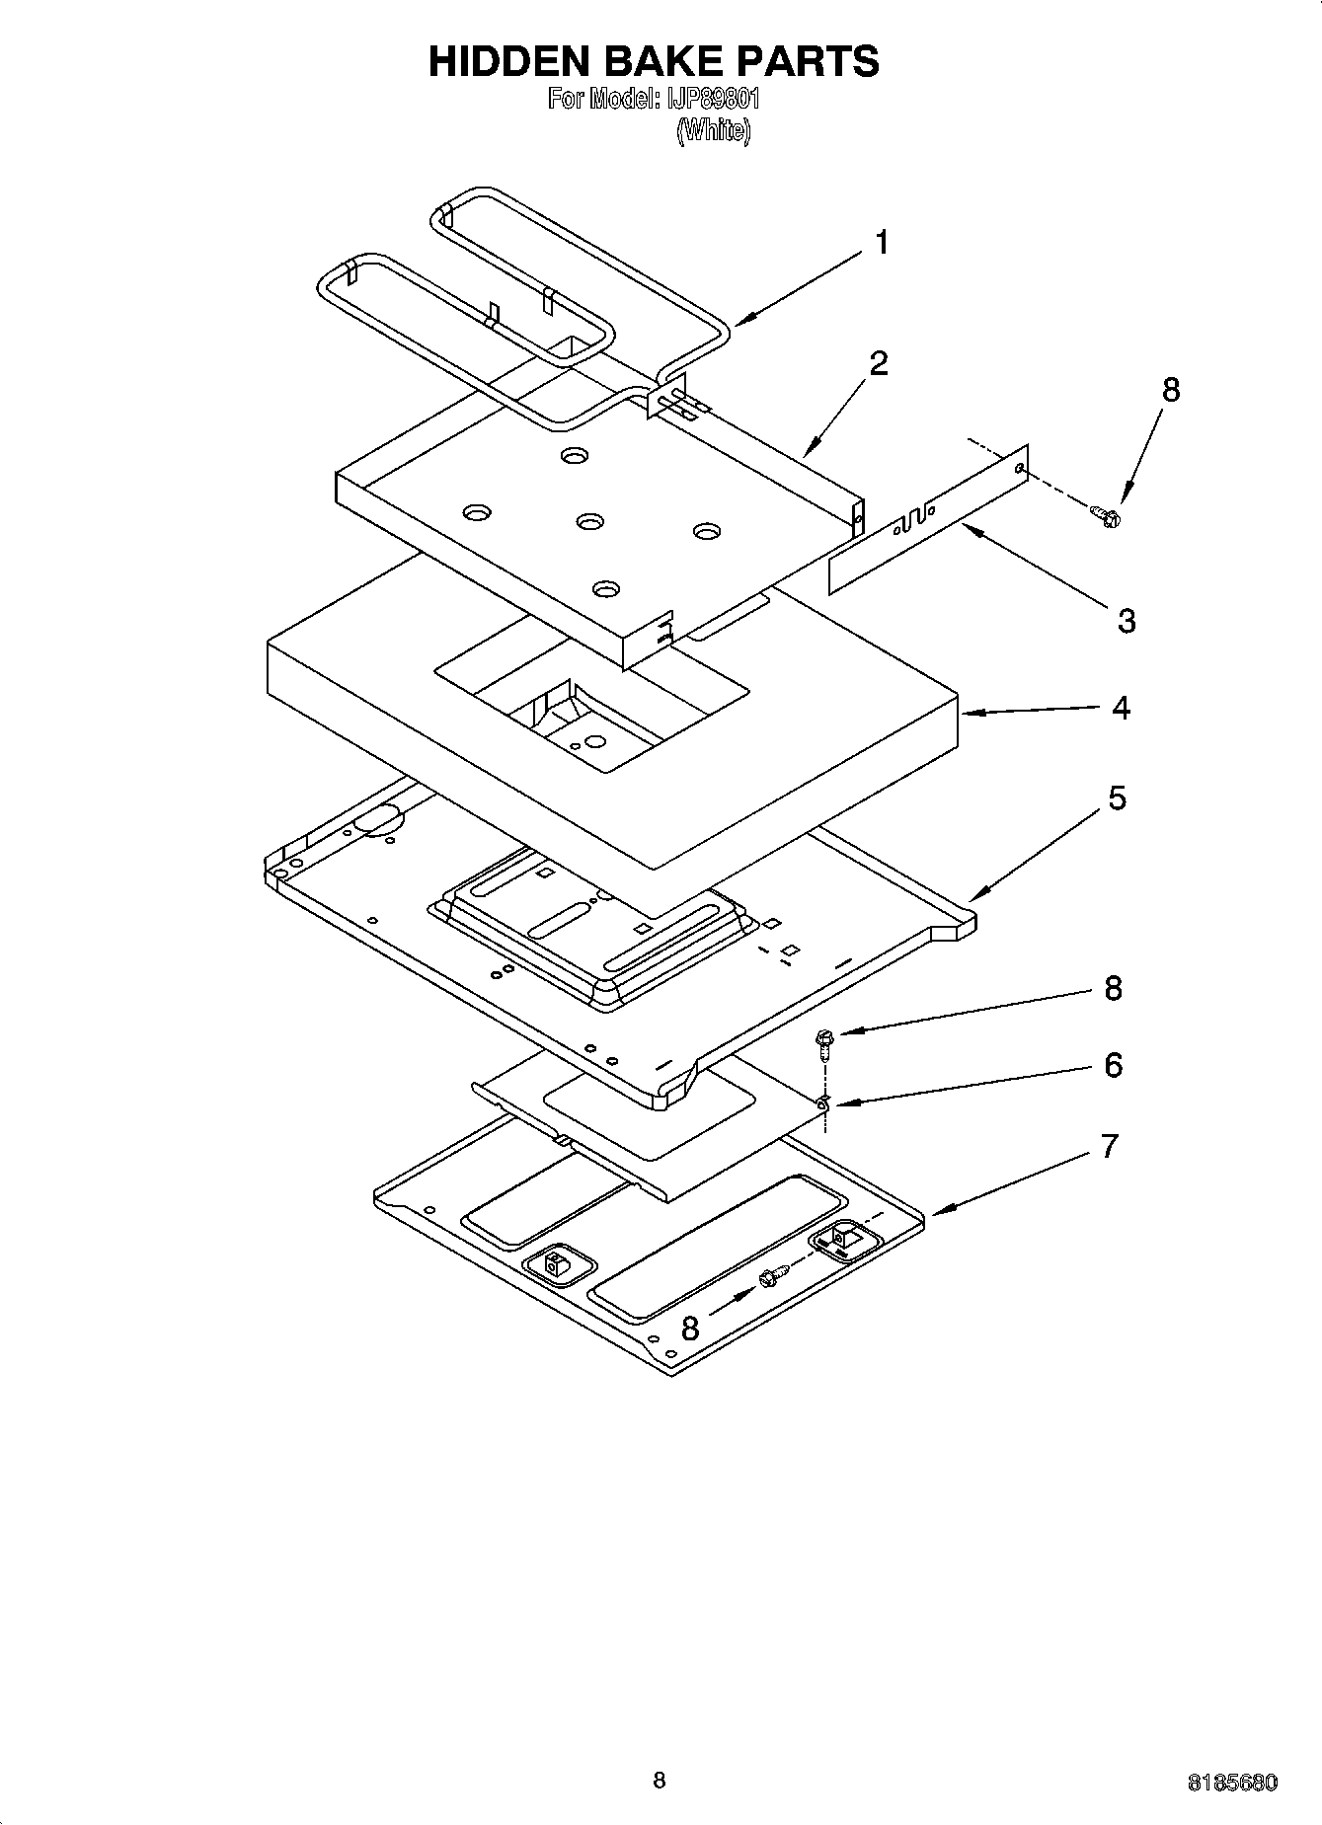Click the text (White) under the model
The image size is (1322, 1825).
click(x=713, y=130)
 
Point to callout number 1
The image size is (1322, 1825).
click(x=882, y=242)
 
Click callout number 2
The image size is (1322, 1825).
click(x=878, y=363)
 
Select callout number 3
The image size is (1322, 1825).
click(x=1127, y=621)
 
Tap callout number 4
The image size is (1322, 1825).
click(x=1120, y=708)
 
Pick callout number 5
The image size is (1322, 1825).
click(x=1117, y=798)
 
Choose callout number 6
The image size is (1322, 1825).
click(x=1113, y=1065)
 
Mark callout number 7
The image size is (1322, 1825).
click(x=1110, y=1147)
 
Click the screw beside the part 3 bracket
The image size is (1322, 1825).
click(x=1106, y=513)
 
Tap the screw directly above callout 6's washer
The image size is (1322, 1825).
click(x=822, y=1039)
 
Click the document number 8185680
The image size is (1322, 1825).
click(x=1232, y=1783)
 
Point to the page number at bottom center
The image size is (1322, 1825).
click(x=660, y=1780)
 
